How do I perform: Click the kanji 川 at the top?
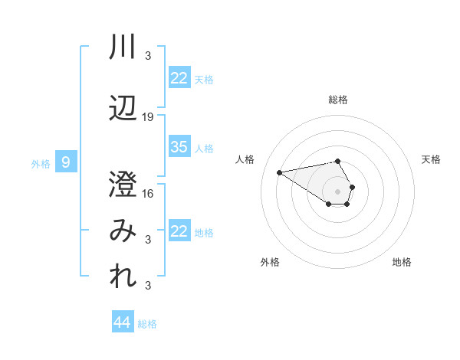click(x=123, y=47)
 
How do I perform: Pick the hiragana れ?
click(x=123, y=277)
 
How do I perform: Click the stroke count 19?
click(x=148, y=117)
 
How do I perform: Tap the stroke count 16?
click(x=148, y=193)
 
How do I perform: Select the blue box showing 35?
click(x=179, y=147)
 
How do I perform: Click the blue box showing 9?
click(x=66, y=162)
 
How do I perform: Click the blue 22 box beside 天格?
click(x=179, y=78)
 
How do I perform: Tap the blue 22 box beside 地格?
click(x=179, y=231)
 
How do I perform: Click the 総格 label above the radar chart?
click(x=338, y=100)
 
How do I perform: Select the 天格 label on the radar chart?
click(x=431, y=159)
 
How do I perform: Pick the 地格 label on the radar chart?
click(x=402, y=262)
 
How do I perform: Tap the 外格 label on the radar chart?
click(x=270, y=262)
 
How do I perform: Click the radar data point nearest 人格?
click(x=280, y=172)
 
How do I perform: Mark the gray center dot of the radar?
click(x=338, y=191)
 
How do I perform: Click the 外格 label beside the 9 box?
click(x=40, y=163)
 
